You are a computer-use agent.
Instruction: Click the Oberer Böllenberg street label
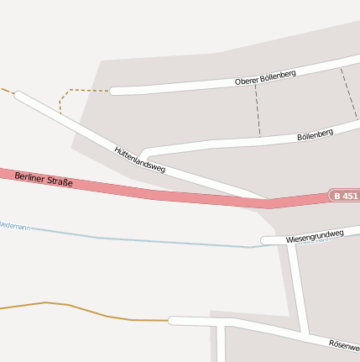[265, 78]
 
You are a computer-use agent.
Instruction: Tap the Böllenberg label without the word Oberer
[315, 134]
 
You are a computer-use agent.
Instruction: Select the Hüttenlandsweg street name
[139, 160]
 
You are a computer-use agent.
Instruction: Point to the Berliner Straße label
[44, 179]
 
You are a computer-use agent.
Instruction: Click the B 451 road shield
[345, 196]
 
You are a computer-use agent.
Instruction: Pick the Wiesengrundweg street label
[315, 236]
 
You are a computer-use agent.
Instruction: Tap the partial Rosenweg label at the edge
[344, 345]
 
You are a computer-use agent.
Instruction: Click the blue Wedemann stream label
[15, 227]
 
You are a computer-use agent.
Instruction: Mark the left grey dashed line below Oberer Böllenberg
[257, 109]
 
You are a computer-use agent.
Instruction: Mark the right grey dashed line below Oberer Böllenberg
[348, 92]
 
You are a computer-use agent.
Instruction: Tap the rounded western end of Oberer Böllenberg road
[115, 91]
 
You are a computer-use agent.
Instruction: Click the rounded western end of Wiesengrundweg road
[265, 241]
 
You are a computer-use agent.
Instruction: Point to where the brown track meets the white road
[171, 320]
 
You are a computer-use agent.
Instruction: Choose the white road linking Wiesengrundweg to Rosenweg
[298, 286]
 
